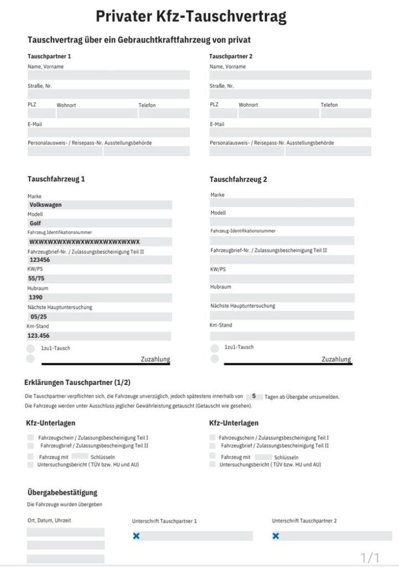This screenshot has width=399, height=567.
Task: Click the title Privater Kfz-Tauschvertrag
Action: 191,17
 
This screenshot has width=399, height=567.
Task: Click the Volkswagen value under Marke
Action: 45,205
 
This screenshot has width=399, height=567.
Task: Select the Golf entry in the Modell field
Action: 35,223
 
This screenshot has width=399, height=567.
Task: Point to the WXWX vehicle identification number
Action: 84,242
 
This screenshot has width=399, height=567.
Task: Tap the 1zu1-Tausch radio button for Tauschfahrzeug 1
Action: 30,349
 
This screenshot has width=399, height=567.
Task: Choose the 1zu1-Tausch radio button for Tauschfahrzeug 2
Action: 215,348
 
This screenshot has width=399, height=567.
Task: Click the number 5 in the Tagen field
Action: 253,396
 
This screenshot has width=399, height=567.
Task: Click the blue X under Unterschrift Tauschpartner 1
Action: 136,536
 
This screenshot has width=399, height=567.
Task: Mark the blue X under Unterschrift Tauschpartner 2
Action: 276,536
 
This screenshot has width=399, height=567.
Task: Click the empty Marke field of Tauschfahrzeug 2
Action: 282,203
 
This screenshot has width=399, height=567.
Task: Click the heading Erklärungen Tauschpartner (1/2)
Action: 77,383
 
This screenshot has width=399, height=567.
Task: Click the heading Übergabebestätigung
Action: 62,492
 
